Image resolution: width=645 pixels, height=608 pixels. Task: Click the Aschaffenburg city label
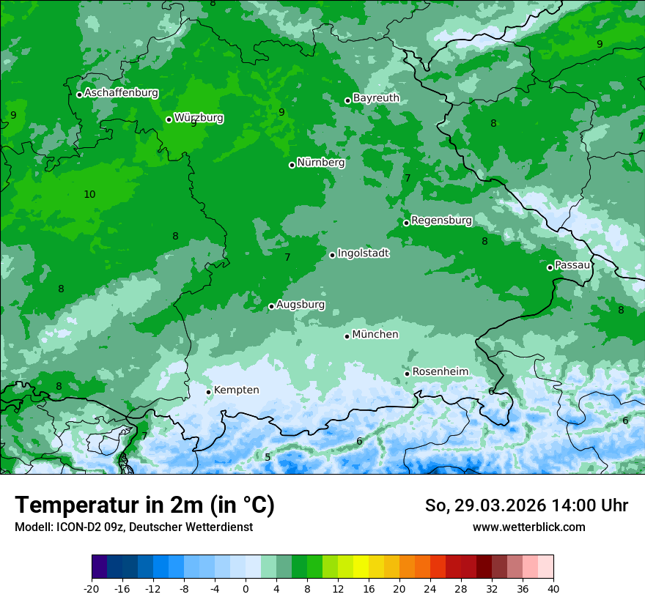coord(121,93)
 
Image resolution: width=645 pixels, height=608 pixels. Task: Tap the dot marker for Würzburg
coord(169,119)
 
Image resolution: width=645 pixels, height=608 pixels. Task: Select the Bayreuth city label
coord(376,98)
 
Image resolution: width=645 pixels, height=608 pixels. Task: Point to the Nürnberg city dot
coord(292,165)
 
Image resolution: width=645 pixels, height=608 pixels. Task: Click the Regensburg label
coord(441,220)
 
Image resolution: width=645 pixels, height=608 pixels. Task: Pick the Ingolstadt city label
coord(363,253)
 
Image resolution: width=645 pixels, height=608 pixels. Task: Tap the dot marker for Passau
coord(550,267)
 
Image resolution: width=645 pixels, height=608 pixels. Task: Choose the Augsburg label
coord(301,304)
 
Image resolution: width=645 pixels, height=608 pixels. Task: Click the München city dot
coord(347,336)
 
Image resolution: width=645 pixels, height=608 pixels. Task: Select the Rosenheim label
coord(440,371)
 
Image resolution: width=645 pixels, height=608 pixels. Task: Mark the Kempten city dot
coord(208,392)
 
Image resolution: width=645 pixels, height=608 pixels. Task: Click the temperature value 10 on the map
coord(89,194)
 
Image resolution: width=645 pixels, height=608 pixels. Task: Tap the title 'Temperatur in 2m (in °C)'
coord(145,505)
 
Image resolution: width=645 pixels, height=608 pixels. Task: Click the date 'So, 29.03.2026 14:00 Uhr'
coord(526,505)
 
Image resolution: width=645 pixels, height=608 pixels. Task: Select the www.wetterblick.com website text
coord(528,527)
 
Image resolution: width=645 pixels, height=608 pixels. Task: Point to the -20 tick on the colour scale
coord(92,588)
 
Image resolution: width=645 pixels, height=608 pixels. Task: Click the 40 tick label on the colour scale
coord(553,588)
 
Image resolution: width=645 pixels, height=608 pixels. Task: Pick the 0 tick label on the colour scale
coord(246,588)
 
